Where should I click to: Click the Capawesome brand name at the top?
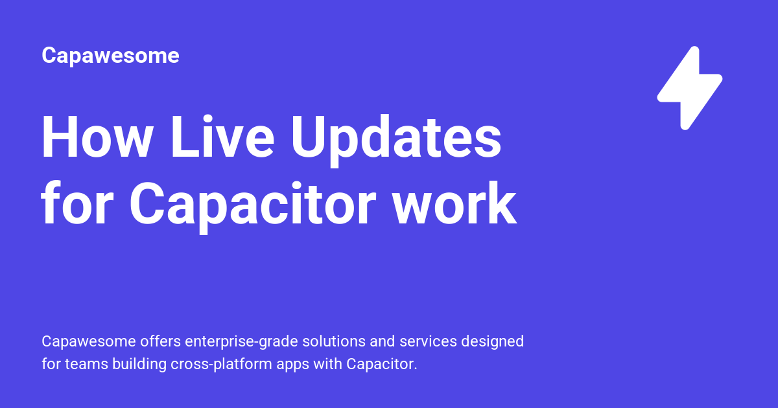click(110, 56)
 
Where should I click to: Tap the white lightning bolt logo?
click(690, 88)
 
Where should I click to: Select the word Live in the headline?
click(222, 137)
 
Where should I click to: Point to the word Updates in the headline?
click(396, 141)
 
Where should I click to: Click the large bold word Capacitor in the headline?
click(252, 207)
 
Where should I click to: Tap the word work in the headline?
click(454, 203)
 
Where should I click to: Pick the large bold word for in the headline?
click(77, 203)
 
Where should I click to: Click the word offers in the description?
click(161, 341)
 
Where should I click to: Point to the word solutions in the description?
click(334, 341)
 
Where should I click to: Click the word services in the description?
click(428, 341)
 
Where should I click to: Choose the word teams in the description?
click(86, 364)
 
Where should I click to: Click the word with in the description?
click(327, 364)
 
